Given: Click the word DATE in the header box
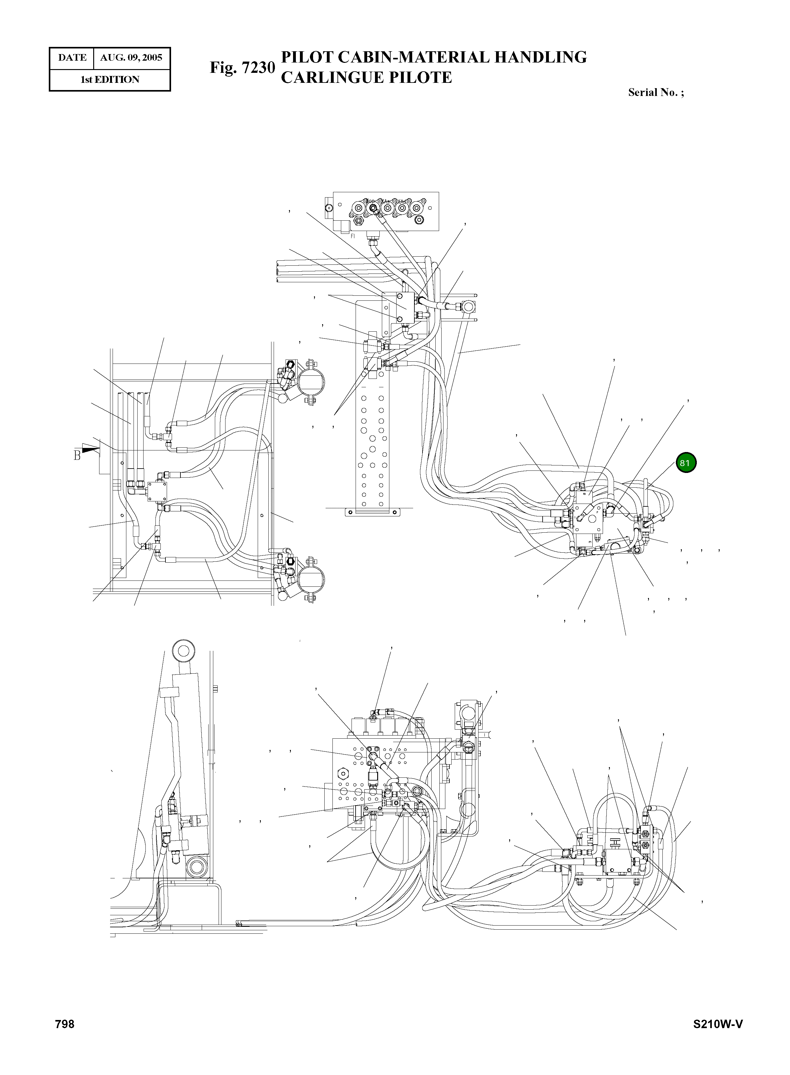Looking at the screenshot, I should [x=72, y=58].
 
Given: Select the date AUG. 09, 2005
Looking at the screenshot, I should [x=131, y=58].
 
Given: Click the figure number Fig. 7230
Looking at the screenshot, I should [x=242, y=68].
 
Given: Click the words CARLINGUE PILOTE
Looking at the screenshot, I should [x=366, y=78].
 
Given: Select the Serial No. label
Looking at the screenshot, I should [x=655, y=93].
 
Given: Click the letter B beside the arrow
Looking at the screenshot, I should [x=77, y=455].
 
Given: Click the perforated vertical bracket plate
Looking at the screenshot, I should [x=372, y=430].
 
